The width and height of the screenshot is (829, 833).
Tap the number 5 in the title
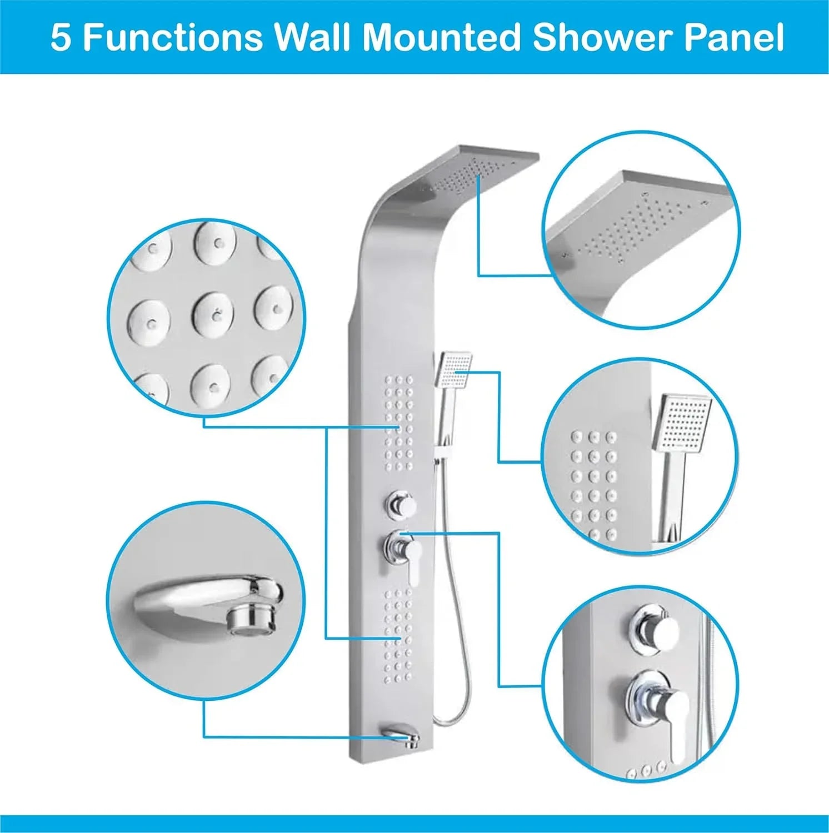(x=61, y=38)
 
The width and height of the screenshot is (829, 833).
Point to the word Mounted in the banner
(x=442, y=38)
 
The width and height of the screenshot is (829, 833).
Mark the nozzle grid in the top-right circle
(x=639, y=228)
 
